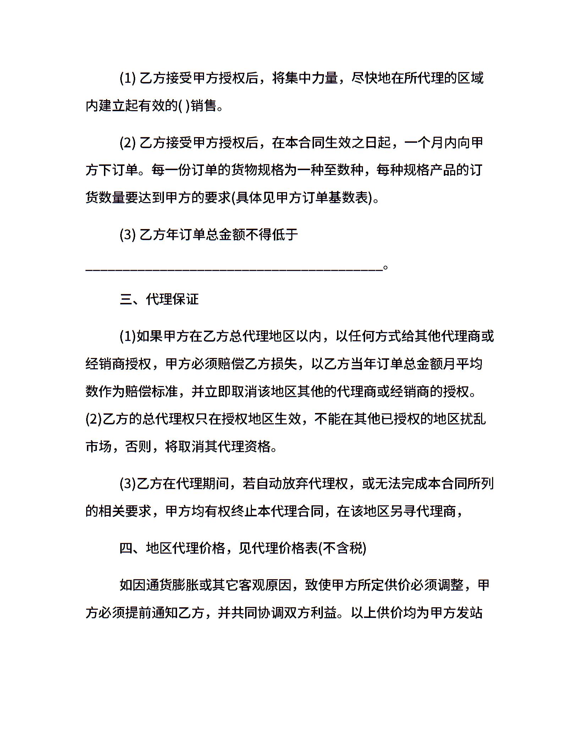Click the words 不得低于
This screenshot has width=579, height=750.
271,234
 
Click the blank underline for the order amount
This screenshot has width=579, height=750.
234,270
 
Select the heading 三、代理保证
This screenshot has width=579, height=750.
159,299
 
